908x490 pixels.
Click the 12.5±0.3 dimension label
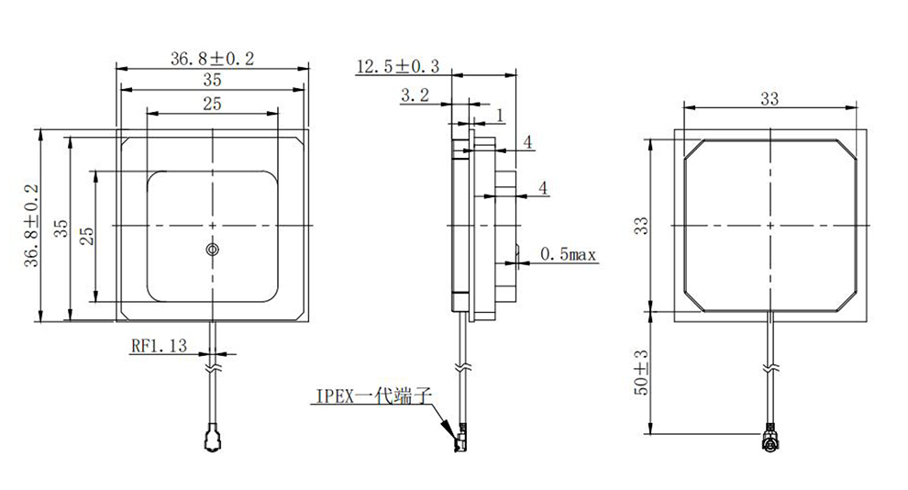click(x=398, y=66)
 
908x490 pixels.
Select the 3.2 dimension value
click(x=415, y=95)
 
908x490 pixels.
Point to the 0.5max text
click(x=569, y=253)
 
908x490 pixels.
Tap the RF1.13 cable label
click(x=159, y=346)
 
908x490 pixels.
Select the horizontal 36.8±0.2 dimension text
click(x=212, y=58)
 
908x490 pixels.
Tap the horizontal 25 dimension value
click(x=212, y=104)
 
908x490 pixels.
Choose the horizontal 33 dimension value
click(x=769, y=98)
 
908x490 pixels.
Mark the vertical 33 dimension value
click(x=642, y=225)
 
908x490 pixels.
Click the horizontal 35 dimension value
click(x=212, y=80)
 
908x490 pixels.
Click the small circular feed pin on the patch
click(x=212, y=250)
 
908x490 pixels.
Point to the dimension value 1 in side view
click(x=500, y=115)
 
